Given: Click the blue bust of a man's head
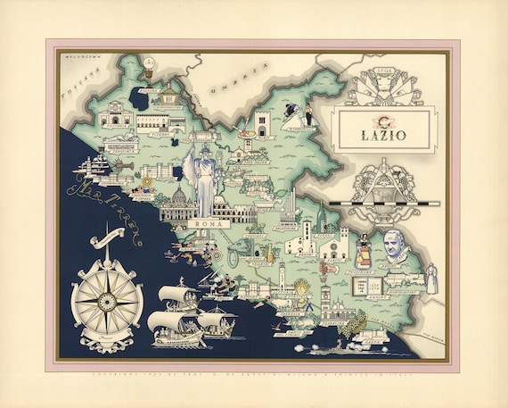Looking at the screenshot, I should point(392,246).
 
